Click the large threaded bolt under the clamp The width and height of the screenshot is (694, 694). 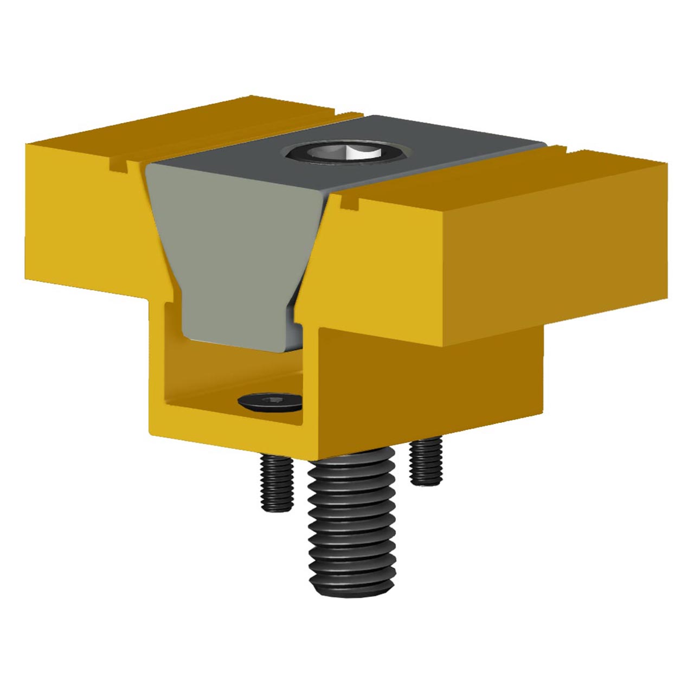[350, 520]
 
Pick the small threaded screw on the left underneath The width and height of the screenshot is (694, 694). [277, 483]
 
